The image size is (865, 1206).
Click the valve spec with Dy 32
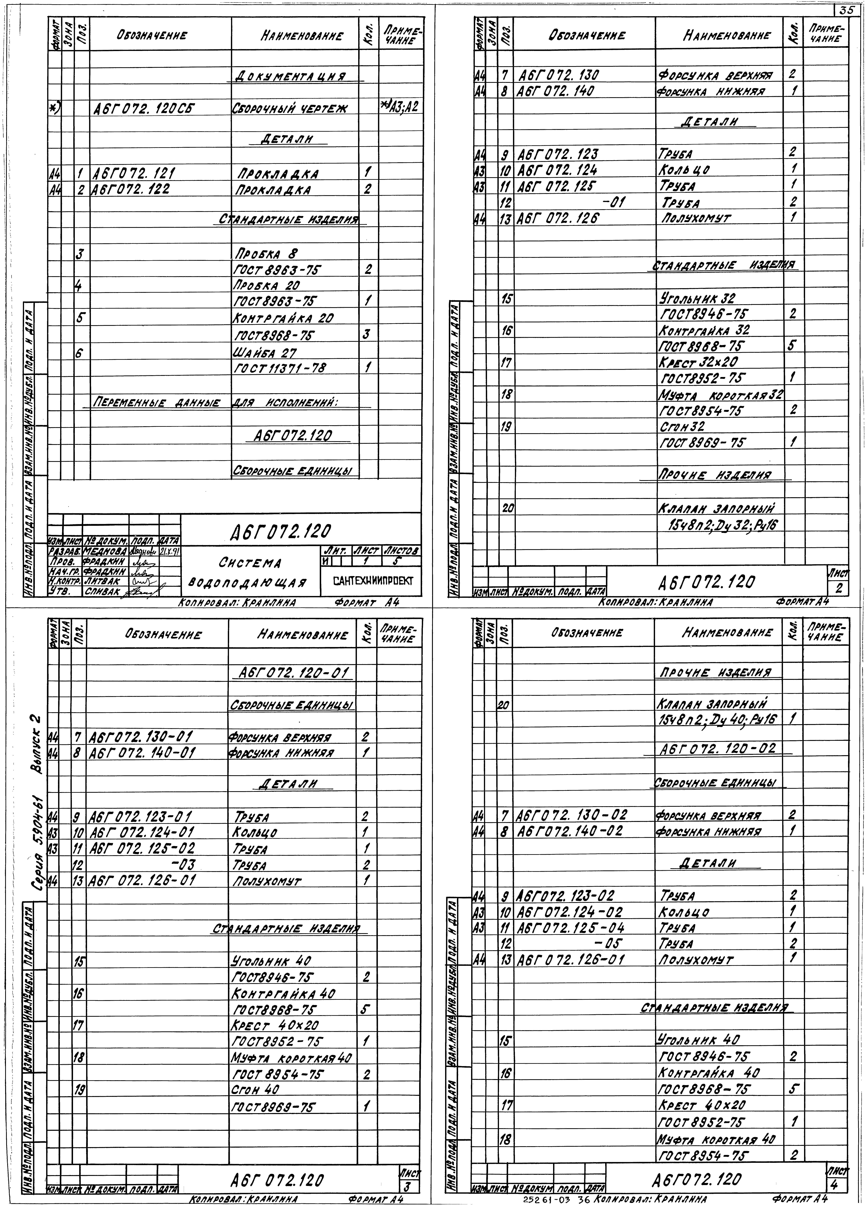coord(723,525)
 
